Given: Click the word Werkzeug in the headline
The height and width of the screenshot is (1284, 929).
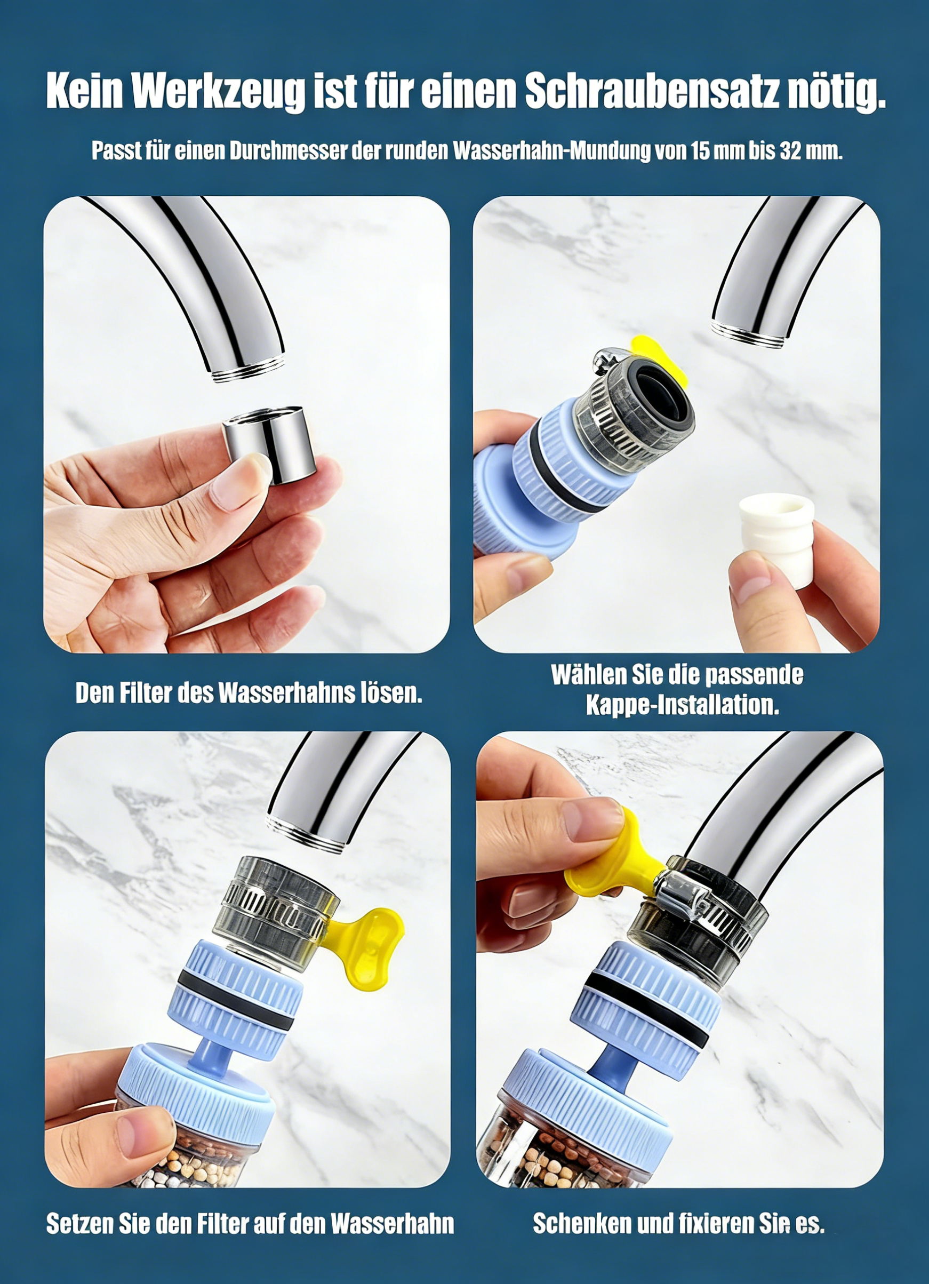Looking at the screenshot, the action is (x=220, y=91).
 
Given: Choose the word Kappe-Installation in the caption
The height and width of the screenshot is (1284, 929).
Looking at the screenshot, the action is (x=682, y=705).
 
